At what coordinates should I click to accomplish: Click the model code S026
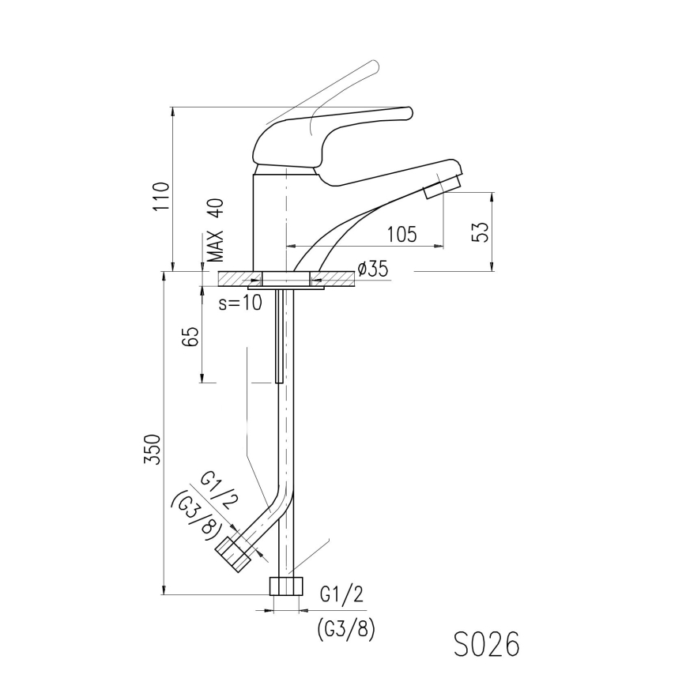click(486, 644)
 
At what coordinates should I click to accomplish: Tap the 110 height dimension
click(162, 197)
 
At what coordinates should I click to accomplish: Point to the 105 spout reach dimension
click(401, 234)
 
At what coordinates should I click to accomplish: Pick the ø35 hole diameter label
click(372, 269)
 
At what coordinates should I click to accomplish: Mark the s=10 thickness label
click(239, 303)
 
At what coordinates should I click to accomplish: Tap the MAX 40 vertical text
click(216, 230)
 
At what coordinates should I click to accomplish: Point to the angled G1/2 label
click(217, 491)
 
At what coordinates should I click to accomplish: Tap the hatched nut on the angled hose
click(234, 553)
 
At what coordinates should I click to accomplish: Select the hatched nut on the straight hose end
click(286, 586)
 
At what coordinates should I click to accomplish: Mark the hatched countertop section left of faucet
click(236, 279)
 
